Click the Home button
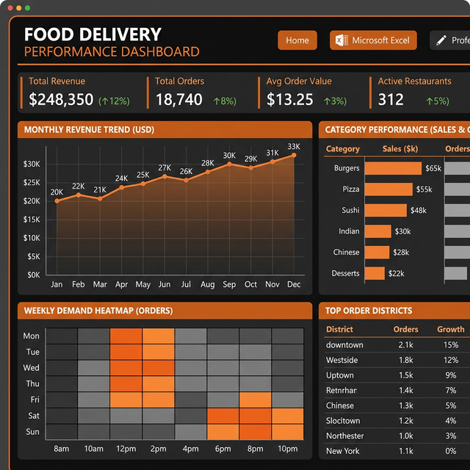click(297, 40)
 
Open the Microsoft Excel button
click(373, 40)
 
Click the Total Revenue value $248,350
click(61, 100)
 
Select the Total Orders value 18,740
click(178, 100)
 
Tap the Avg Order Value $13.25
click(290, 100)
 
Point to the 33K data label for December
click(294, 146)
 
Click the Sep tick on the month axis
click(229, 284)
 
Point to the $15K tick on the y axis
click(32, 220)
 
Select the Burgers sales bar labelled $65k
click(393, 168)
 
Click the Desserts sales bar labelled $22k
click(375, 273)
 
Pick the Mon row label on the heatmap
click(32, 336)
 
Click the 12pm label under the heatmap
click(126, 449)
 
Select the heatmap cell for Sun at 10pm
click(287, 432)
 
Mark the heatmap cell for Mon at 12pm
click(126, 336)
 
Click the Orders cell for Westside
click(406, 360)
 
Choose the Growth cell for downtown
click(451, 344)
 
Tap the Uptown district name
click(340, 375)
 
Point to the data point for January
click(57, 200)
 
